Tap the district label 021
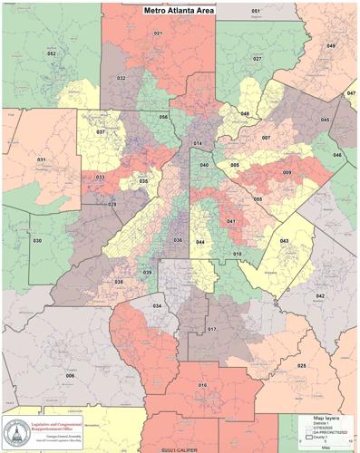[158, 34]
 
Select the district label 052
[52, 54]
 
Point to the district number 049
[331, 45]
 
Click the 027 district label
[258, 59]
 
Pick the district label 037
[101, 132]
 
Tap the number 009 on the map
[287, 172]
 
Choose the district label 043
[284, 240]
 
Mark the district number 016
[203, 385]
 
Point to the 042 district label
[320, 296]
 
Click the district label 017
[211, 329]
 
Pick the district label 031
[41, 159]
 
